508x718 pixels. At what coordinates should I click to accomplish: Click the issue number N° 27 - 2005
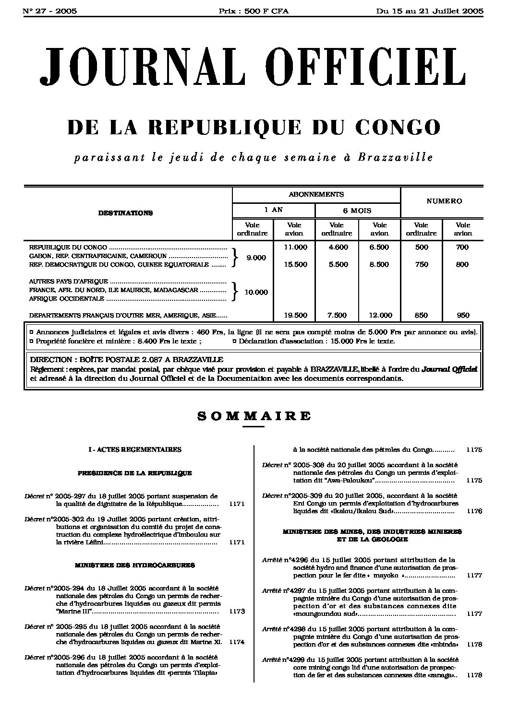click(x=50, y=11)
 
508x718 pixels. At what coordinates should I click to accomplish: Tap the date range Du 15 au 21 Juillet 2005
click(x=430, y=11)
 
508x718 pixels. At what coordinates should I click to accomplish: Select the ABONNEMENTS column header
click(x=316, y=194)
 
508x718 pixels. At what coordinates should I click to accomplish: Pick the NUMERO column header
click(x=444, y=201)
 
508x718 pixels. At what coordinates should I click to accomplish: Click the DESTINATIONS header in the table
click(x=125, y=213)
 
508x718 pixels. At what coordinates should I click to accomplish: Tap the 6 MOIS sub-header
click(x=357, y=210)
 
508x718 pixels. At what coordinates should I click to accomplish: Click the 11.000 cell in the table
click(x=295, y=247)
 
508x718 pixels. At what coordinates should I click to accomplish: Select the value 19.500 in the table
click(x=295, y=315)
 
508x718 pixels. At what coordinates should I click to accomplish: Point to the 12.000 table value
click(x=380, y=315)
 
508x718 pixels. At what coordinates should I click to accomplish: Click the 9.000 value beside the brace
click(x=256, y=258)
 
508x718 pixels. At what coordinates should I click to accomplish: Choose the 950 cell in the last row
click(x=463, y=315)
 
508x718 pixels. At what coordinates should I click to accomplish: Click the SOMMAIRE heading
click(x=254, y=416)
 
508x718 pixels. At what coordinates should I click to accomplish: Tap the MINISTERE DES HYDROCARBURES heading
click(x=135, y=565)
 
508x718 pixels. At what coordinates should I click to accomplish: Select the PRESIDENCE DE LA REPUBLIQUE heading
click(x=135, y=473)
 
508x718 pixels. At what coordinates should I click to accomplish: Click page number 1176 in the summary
click(x=474, y=511)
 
